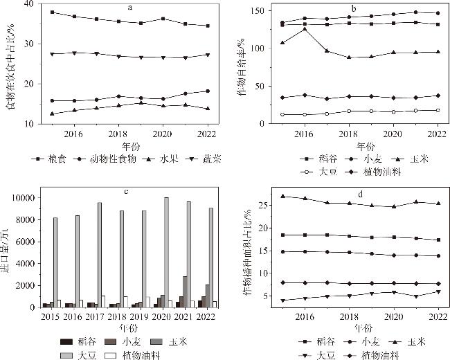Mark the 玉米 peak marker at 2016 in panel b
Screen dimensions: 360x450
[x=305, y=29]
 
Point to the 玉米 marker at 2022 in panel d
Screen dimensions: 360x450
[x=437, y=204]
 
